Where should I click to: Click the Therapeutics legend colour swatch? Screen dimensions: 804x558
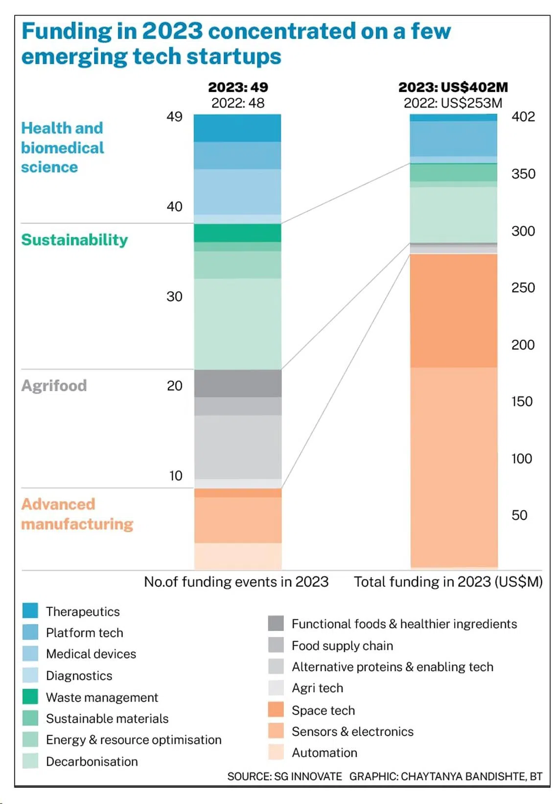point(30,611)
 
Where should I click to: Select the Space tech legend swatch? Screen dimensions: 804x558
point(276,710)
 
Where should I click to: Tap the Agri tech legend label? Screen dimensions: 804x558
point(317,688)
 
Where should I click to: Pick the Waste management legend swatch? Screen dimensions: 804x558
point(30,696)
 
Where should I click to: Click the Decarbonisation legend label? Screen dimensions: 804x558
point(92,761)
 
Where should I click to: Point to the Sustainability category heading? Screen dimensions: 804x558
point(74,240)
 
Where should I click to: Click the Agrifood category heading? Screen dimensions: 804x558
point(54,385)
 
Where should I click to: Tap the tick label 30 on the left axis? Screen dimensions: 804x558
point(174,296)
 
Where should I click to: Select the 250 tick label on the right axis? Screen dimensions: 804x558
point(523,288)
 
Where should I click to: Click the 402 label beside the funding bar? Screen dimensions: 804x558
point(523,116)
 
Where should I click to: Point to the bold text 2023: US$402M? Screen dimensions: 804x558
point(453,87)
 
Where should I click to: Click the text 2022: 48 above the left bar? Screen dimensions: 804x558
point(238,103)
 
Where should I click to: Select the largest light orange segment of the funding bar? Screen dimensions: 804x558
point(454,467)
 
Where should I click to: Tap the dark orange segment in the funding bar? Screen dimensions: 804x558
point(454,311)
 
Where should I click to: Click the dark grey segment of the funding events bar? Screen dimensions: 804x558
point(238,383)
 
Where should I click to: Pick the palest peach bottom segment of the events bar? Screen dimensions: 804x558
point(238,556)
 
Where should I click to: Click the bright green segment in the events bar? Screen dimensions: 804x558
point(238,233)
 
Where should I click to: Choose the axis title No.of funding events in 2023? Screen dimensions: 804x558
point(236,581)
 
